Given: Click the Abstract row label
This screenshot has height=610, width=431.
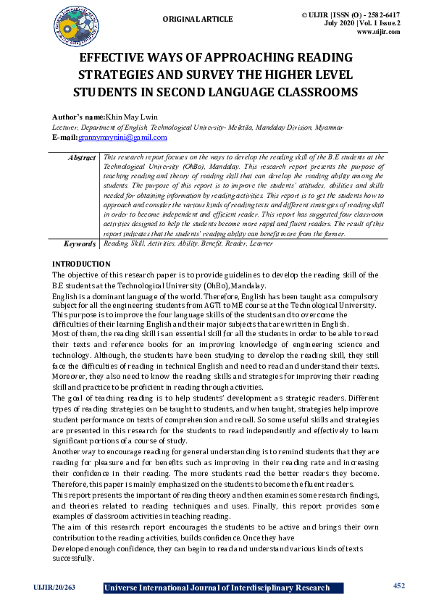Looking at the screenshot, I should (82, 157).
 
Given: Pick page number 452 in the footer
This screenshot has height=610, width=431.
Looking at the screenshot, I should (398, 585).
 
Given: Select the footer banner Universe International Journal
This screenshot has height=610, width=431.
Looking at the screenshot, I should (217, 588).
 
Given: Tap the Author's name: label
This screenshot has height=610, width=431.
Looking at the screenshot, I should (78, 116).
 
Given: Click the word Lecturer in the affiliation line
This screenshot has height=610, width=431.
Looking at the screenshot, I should (67, 127).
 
